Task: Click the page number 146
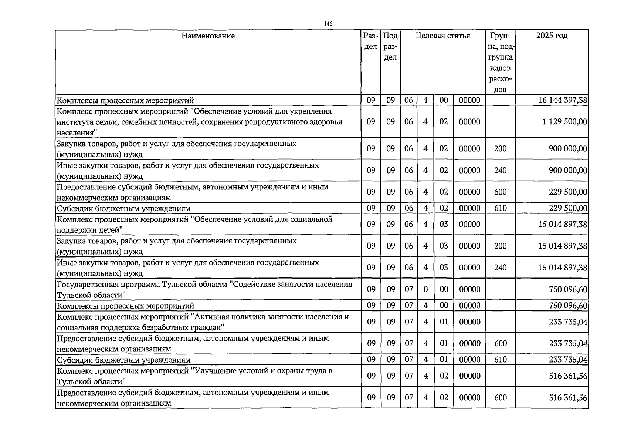point(328,24)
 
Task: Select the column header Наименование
point(208,36)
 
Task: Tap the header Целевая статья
point(442,36)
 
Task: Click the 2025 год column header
point(552,36)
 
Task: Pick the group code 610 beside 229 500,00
point(500,208)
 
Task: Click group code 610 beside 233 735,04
point(500,360)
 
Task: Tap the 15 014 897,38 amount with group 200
point(563,246)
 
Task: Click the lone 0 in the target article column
point(425,289)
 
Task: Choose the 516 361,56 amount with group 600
point(568,397)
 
